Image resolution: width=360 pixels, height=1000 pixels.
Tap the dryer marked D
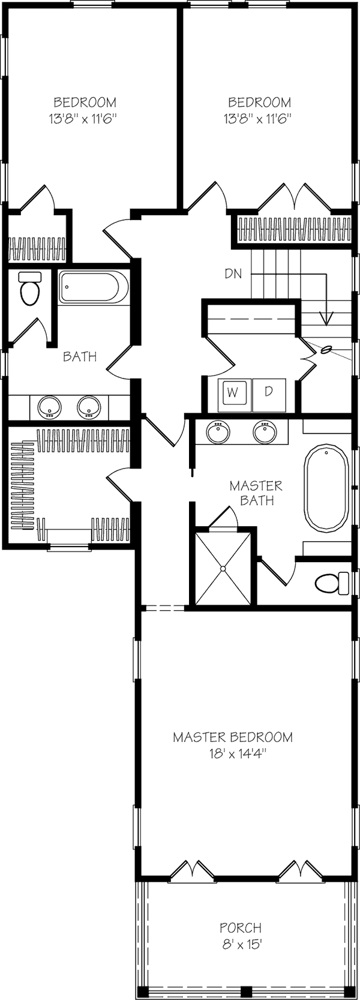(269, 392)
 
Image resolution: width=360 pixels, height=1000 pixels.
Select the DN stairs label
(233, 274)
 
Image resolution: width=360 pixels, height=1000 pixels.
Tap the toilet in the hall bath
(29, 290)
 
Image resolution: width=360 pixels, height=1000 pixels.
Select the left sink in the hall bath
(49, 407)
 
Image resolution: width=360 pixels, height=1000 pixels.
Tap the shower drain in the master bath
(224, 567)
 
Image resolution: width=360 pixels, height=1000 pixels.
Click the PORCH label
(240, 928)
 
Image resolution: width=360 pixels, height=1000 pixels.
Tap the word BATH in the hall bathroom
(80, 356)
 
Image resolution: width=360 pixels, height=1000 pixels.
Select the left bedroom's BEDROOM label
(85, 103)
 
